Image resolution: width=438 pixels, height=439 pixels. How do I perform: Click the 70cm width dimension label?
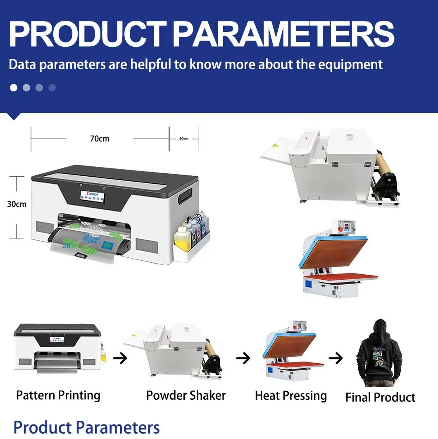100,139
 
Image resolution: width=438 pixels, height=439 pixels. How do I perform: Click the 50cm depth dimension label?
184,139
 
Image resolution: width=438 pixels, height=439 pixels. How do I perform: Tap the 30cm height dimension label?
17,204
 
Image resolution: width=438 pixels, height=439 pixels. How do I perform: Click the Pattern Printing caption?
58,395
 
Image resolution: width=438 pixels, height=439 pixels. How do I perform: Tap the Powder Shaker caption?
186,395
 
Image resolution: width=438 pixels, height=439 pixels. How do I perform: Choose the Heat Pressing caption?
291,396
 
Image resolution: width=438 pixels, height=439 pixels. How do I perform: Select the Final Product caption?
380,397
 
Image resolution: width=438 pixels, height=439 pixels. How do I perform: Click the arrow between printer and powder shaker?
120,358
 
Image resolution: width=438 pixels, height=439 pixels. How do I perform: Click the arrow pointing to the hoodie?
336,358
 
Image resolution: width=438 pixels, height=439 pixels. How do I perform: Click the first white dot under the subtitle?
14,88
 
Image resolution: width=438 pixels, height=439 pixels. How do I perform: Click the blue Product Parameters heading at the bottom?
86,427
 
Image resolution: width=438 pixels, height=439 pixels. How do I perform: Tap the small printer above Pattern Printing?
58,348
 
